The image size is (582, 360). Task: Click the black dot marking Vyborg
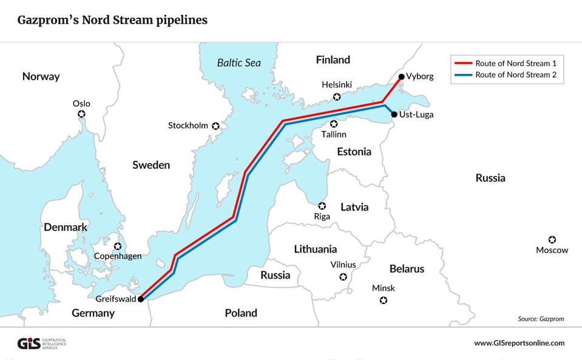401,76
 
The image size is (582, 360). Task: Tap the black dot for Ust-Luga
394,114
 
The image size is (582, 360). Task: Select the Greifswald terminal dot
140,299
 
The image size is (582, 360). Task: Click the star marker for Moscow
552,240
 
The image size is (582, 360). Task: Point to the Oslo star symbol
81,114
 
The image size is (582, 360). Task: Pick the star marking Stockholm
215,126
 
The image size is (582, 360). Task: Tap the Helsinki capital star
337,97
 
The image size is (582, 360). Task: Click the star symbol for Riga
322,206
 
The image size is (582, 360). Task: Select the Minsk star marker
383,300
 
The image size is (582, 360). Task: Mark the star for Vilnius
343,277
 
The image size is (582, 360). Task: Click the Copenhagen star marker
118,246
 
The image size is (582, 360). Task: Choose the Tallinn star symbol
334,124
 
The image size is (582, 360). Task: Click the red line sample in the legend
463,63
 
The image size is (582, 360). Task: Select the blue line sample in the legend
463,76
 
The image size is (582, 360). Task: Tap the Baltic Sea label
239,63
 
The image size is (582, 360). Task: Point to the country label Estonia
354,152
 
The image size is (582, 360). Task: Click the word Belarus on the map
407,269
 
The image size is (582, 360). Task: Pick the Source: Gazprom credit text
541,319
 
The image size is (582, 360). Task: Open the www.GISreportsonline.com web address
519,343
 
